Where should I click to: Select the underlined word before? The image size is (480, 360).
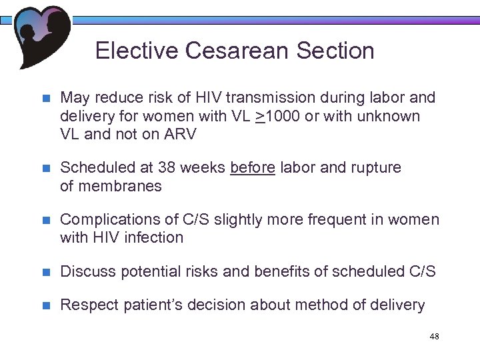click(252, 168)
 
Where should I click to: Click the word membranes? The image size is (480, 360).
click(120, 186)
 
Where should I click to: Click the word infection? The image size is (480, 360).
click(154, 238)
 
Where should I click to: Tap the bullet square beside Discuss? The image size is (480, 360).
click(46, 272)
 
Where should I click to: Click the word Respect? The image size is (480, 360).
click(87, 306)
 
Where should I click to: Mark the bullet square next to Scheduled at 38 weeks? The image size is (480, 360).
click(46, 168)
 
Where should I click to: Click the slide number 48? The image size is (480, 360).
click(434, 337)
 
